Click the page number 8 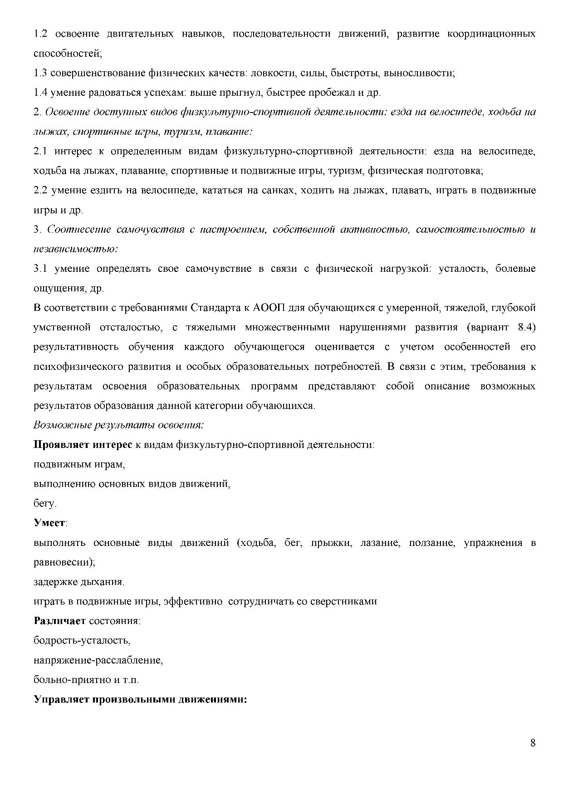533,743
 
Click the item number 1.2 40,34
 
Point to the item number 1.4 40,93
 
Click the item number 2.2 40,191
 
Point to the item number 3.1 40,269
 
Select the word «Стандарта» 215,308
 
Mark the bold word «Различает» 60,621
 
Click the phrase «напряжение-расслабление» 98,660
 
